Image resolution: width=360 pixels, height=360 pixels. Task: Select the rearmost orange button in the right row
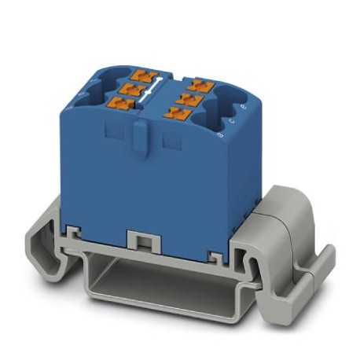coord(197,82)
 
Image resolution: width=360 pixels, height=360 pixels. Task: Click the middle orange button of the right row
coord(187,97)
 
